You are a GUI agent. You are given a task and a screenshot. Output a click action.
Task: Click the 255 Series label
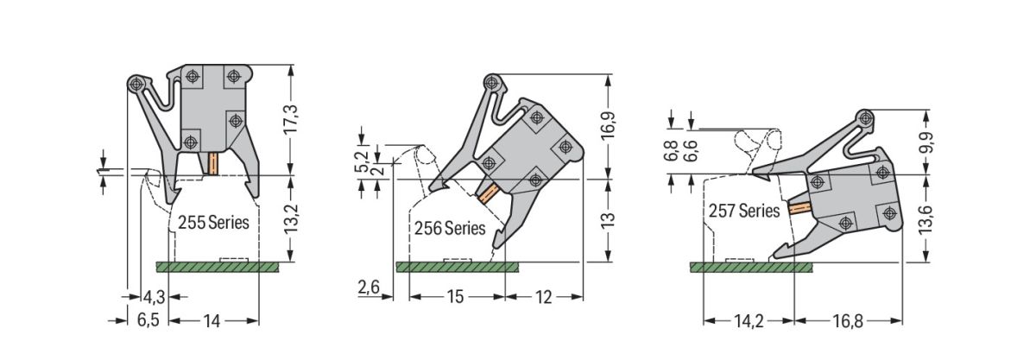point(213,222)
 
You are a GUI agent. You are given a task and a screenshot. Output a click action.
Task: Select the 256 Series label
point(448,229)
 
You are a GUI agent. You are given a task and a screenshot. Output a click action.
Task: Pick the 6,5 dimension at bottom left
point(148,320)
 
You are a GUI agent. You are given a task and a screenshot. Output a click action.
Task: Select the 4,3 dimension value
point(154,298)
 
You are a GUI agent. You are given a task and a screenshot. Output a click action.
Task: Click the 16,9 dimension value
point(610,126)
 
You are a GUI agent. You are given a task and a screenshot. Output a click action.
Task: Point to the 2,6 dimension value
point(369,286)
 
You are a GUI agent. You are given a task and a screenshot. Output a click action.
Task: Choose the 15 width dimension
point(456,297)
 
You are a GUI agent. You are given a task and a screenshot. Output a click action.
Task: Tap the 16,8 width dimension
point(848,321)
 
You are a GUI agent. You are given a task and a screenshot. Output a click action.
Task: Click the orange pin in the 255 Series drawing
point(211,162)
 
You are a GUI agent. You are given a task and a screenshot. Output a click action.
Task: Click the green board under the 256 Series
point(458,267)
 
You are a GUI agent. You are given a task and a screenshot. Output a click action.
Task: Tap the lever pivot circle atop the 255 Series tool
point(136,83)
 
